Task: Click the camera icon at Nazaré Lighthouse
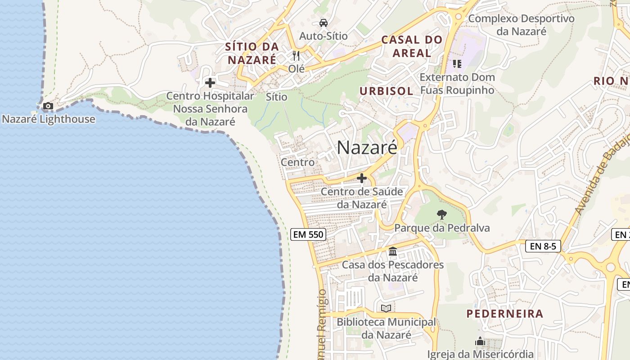48,106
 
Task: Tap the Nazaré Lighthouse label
49,119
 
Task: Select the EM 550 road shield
308,234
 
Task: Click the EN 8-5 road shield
543,246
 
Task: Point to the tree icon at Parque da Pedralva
442,215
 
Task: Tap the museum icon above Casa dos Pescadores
393,251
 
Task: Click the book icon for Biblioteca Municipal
386,308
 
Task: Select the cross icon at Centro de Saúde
362,179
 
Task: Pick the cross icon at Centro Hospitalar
210,83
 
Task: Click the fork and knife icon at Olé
296,56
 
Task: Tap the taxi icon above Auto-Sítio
323,22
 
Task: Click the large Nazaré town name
367,147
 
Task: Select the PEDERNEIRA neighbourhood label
504,314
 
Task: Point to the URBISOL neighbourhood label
386,91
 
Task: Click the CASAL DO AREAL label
412,46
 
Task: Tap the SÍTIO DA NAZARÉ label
252,53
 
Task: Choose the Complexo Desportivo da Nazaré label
522,25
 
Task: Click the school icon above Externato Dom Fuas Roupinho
457,64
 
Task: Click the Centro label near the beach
297,162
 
